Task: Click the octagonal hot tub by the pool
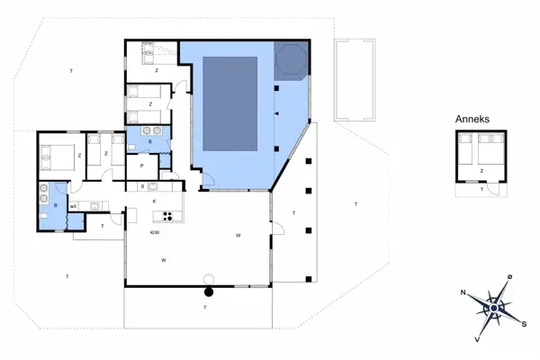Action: [x=292, y=60]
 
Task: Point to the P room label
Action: [x=141, y=166]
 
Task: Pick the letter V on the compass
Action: [x=477, y=340]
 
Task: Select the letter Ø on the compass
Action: [x=509, y=276]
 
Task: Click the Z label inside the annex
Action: [x=482, y=170]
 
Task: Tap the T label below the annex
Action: [x=481, y=190]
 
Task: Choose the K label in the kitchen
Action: [x=155, y=202]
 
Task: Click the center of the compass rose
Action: [x=493, y=308]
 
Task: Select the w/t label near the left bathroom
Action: [x=73, y=206]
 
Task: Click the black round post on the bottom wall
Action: [x=209, y=292]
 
